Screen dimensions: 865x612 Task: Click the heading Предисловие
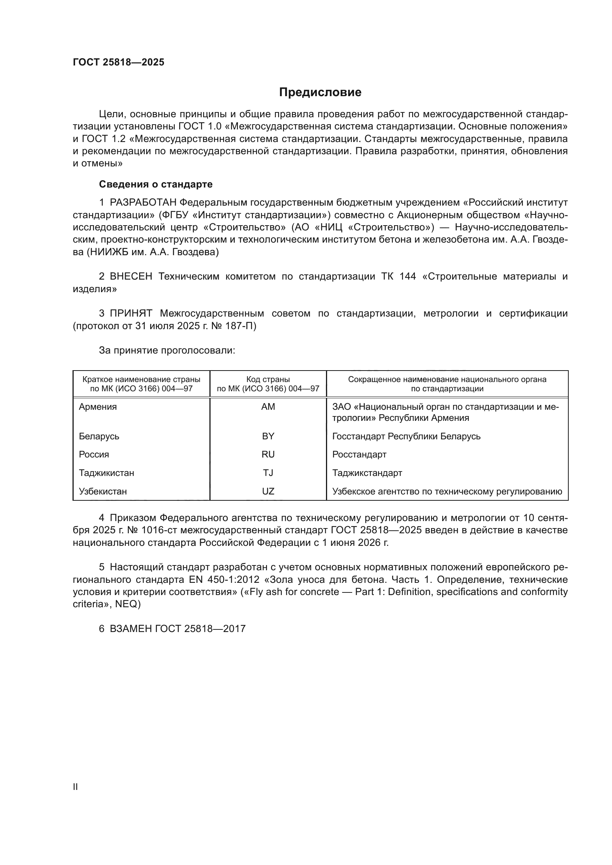[x=320, y=92]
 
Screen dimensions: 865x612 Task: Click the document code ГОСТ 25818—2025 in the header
[x=119, y=62]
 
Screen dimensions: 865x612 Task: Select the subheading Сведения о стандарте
[x=156, y=184]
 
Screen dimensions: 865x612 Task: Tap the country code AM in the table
[x=268, y=407]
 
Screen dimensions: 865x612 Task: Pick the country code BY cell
[x=268, y=436]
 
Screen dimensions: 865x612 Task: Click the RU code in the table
[x=268, y=455]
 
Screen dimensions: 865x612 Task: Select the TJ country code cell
[x=268, y=473]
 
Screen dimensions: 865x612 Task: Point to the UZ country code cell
[x=268, y=491]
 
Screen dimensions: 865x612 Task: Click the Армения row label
[x=98, y=407]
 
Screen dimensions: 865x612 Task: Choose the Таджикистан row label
[x=106, y=473]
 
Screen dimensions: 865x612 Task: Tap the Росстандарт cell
[x=359, y=455]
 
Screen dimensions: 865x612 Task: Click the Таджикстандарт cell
[x=367, y=473]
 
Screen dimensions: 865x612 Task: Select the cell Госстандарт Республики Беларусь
[x=406, y=436]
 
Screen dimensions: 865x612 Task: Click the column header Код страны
[x=268, y=379]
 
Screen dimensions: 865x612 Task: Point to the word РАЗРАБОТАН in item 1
[x=143, y=203]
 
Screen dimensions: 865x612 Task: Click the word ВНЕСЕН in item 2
[x=131, y=277]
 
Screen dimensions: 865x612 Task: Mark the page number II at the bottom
[x=75, y=787]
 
